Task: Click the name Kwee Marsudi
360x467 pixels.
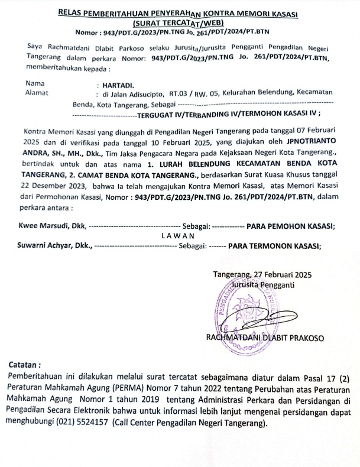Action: tap(42, 226)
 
